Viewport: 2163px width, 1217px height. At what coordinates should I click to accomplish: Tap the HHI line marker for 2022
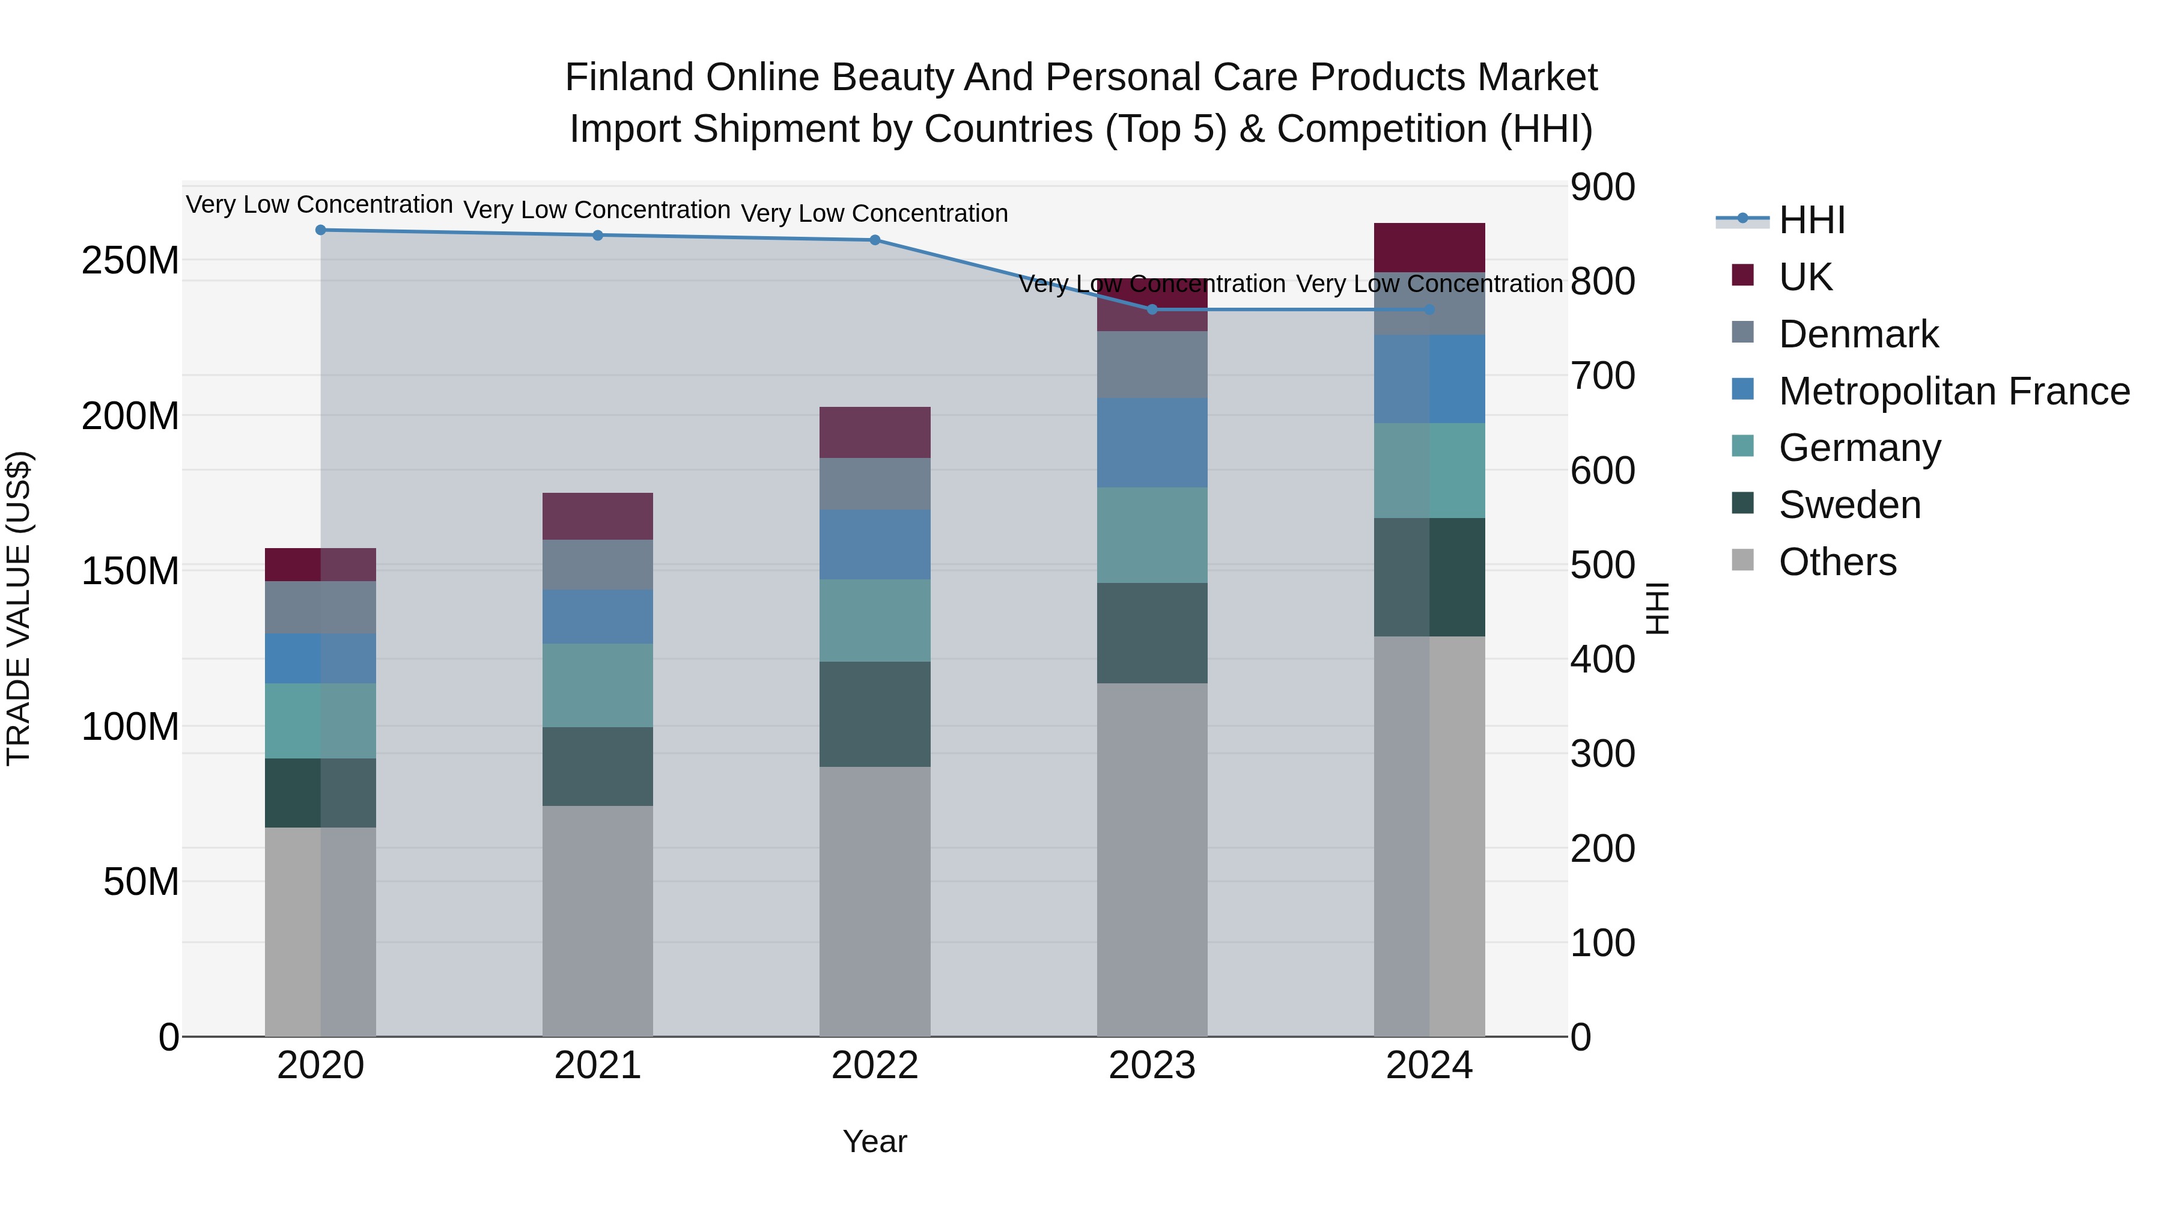point(875,240)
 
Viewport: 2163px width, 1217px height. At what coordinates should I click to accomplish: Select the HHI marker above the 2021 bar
point(598,235)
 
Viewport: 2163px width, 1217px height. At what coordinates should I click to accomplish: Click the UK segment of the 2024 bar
point(1429,248)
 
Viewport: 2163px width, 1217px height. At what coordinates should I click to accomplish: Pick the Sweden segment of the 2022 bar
point(875,714)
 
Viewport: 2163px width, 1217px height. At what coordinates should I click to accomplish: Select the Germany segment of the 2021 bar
point(598,685)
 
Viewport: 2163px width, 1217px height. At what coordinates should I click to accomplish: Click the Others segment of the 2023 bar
point(1152,859)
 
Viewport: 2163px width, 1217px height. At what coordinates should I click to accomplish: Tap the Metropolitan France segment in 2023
point(1152,442)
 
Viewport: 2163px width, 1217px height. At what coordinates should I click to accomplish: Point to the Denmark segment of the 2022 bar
point(875,484)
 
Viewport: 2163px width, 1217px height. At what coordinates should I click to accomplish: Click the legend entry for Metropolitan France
point(1954,391)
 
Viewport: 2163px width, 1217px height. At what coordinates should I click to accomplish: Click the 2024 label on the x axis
point(1429,1066)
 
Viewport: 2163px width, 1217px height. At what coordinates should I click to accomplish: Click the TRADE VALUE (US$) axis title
point(19,608)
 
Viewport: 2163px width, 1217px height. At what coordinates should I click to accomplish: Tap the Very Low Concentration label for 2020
point(319,205)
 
